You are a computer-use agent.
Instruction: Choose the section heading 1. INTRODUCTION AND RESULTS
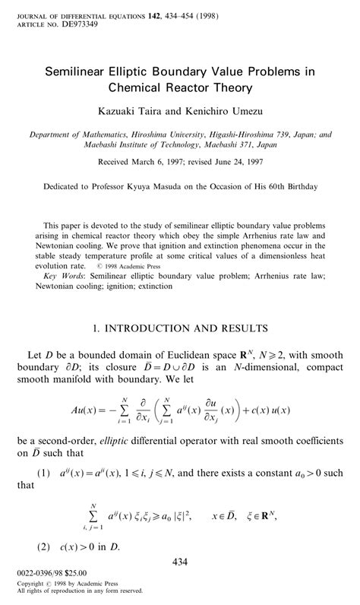(179, 329)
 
